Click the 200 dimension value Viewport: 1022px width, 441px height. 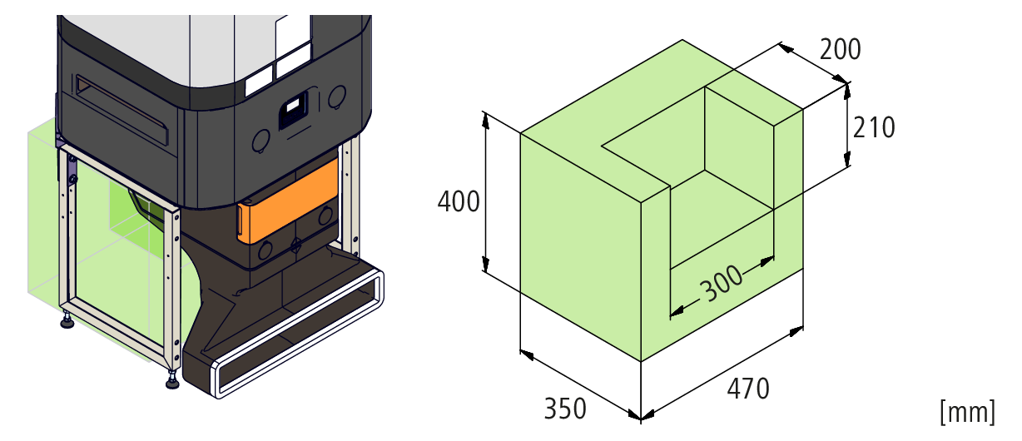pos(840,50)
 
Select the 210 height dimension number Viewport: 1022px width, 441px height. pos(874,126)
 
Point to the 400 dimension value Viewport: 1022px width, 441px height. pos(459,202)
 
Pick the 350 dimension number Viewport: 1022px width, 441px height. pos(565,409)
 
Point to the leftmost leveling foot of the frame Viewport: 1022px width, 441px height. pos(67,320)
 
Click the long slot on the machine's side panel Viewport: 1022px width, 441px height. pos(125,108)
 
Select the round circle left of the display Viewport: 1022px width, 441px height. pos(260,140)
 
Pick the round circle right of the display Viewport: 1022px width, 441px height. pos(336,98)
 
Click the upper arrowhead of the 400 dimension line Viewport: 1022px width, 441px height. pos(484,117)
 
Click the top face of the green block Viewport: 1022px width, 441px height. pos(633,108)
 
